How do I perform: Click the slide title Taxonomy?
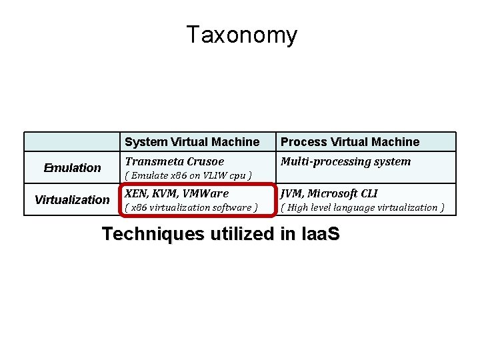pyautogui.click(x=241, y=35)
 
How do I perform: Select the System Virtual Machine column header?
pyautogui.click(x=192, y=142)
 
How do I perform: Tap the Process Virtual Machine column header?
pyautogui.click(x=350, y=142)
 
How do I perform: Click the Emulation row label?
pyautogui.click(x=72, y=168)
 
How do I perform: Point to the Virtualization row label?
pyautogui.click(x=72, y=199)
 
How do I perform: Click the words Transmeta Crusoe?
pyautogui.click(x=175, y=162)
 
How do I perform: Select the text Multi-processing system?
pyautogui.click(x=345, y=162)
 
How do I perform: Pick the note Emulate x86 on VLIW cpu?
pyautogui.click(x=188, y=176)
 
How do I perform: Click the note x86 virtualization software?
pyautogui.click(x=191, y=207)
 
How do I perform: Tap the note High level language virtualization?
pyautogui.click(x=363, y=207)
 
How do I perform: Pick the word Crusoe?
pyautogui.click(x=203, y=162)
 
